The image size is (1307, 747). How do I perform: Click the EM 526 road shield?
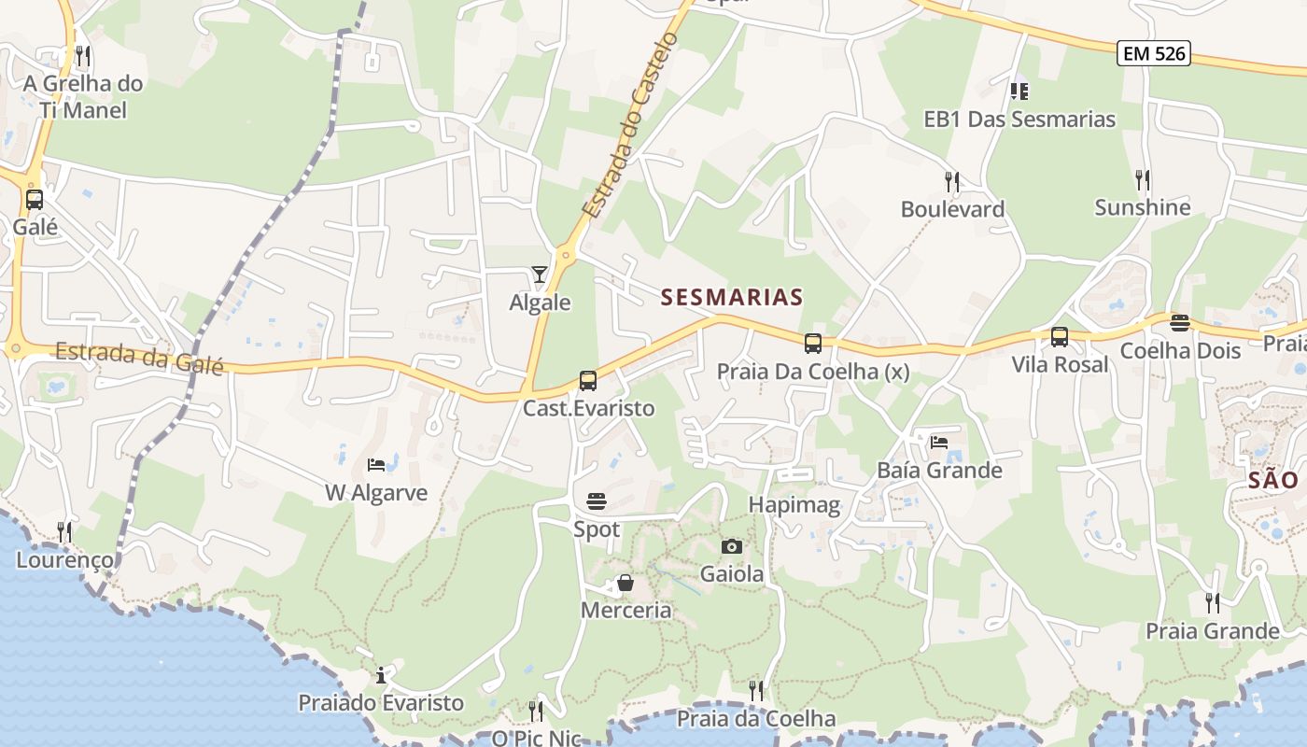point(1155,53)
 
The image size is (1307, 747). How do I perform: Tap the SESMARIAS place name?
point(732,297)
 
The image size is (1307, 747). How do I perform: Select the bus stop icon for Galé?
point(35,199)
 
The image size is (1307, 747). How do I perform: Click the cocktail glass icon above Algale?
point(540,274)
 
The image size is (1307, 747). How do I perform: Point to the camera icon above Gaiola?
point(732,546)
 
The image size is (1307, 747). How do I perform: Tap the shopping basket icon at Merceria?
point(625,584)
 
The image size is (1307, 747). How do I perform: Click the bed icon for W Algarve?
point(376,464)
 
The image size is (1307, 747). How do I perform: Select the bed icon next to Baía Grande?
point(939,442)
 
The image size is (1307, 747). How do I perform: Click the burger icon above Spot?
point(597,501)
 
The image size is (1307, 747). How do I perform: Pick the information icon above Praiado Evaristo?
point(381,675)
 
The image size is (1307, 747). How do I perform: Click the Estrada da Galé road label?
point(139,358)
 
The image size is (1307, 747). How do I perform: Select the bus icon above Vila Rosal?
point(1060,337)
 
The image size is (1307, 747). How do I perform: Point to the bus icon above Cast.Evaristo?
point(588,381)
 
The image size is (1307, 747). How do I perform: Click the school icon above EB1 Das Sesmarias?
point(1019,92)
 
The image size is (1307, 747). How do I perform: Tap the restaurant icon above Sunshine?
point(1142,179)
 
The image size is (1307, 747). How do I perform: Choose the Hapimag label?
point(794,505)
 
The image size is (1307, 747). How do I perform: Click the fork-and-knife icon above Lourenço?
point(64,532)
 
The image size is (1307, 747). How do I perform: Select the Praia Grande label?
point(1213,631)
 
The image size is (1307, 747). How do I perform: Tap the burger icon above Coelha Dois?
point(1180,323)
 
